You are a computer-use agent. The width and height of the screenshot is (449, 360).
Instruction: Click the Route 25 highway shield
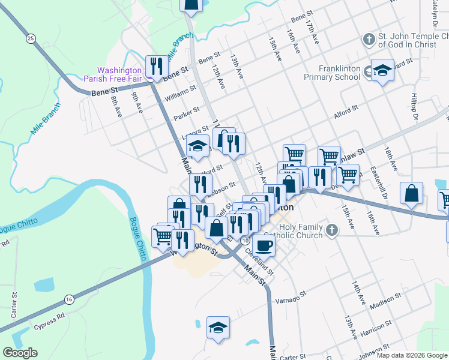[31, 38]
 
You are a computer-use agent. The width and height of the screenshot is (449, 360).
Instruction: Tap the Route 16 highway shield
[70, 299]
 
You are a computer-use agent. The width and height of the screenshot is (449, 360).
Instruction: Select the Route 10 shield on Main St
[246, 240]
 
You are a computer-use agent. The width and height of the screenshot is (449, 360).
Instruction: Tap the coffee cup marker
[263, 244]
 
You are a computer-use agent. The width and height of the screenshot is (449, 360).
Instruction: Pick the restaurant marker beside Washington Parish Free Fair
[157, 67]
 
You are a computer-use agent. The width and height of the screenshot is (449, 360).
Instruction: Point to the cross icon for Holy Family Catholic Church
[332, 229]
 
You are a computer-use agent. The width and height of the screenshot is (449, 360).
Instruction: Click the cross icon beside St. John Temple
[369, 40]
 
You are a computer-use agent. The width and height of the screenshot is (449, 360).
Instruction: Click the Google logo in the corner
[20, 353]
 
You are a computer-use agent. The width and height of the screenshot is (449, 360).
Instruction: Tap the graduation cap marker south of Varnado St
[218, 328]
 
